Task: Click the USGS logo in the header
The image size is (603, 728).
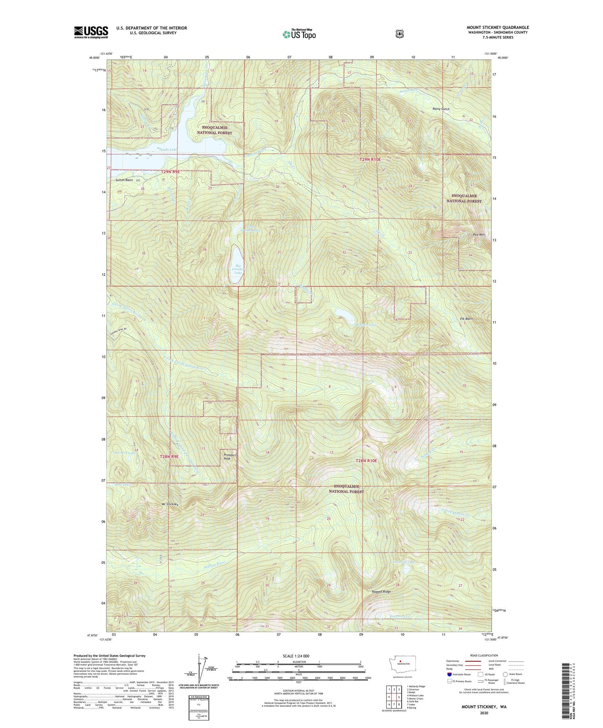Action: coord(91,32)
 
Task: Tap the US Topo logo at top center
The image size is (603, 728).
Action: coord(299,34)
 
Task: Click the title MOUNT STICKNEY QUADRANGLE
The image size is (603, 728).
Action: coord(498,27)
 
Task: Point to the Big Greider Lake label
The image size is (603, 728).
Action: coord(238,269)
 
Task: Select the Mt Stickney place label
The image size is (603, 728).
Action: coord(170,504)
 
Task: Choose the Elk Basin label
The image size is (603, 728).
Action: coord(466,319)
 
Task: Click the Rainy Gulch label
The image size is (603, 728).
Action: coord(441,109)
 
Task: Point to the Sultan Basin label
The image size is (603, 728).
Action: coord(124,180)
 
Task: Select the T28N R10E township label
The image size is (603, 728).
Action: coord(366,461)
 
